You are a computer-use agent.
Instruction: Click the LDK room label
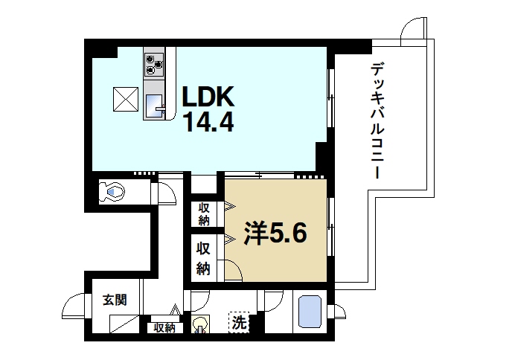(209, 97)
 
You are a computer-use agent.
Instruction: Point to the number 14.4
(209, 121)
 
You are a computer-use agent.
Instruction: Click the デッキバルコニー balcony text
(376, 122)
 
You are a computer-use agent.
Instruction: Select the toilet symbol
(113, 191)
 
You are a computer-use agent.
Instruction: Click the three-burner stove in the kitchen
(154, 65)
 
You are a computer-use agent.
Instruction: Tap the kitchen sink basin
(155, 105)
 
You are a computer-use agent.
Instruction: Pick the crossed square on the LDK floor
(124, 98)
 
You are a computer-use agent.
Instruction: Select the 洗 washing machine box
(238, 323)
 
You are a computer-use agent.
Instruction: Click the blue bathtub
(308, 312)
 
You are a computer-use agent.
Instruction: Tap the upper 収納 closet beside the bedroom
(204, 213)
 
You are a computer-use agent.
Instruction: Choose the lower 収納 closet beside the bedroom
(204, 257)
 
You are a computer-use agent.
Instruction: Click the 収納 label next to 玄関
(164, 328)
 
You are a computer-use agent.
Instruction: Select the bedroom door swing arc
(233, 272)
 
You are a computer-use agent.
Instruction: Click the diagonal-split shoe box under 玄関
(124, 326)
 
